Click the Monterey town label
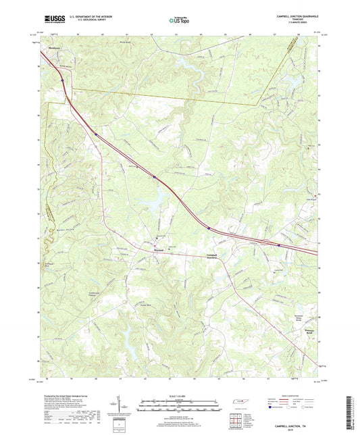[54, 48]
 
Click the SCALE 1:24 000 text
[180, 395]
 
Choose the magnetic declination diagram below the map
[127, 405]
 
